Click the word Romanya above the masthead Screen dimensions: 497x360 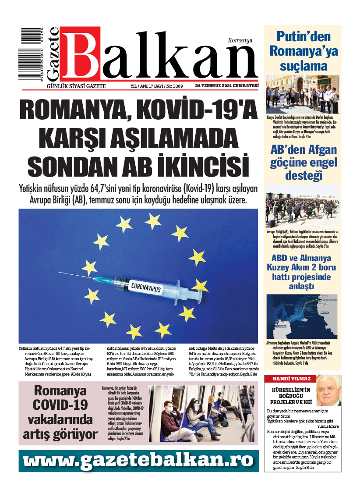click(240, 40)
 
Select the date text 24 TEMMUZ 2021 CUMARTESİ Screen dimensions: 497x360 click(227, 85)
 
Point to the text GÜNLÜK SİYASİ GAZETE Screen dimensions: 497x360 click(76, 86)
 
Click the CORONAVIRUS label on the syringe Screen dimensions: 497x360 click(141, 288)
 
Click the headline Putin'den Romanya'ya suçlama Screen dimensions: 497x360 click(302, 51)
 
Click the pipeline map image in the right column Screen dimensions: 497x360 click(302, 316)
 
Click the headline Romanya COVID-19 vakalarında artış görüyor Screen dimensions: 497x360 click(60, 412)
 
